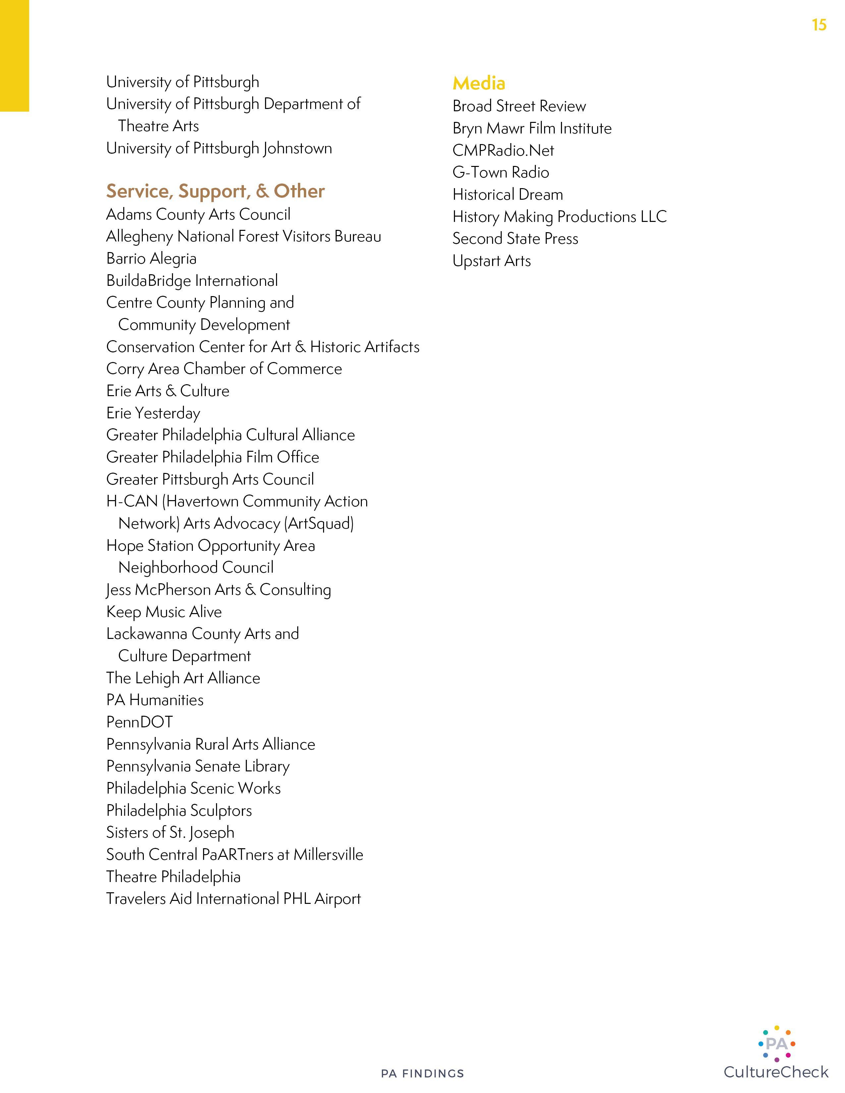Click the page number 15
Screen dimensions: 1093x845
pos(819,25)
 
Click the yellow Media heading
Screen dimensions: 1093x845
pos(479,83)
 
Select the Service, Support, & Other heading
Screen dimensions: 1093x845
pos(215,191)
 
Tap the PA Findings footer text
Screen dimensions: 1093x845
pos(422,1073)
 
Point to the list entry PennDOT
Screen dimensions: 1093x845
pos(140,722)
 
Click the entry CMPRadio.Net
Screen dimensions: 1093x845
pos(503,150)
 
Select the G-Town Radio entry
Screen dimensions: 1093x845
pos(501,172)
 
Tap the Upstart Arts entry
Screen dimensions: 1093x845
pos(491,261)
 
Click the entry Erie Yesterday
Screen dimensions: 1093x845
pos(153,413)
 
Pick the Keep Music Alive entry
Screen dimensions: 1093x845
pos(164,611)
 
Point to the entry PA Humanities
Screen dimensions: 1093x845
pos(155,700)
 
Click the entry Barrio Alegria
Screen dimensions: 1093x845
pos(151,258)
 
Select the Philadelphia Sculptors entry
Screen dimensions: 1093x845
pos(179,810)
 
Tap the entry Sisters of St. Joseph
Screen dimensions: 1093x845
pos(170,832)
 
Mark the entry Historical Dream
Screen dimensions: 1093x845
pos(508,194)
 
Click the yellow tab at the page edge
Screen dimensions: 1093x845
pos(14,55)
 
